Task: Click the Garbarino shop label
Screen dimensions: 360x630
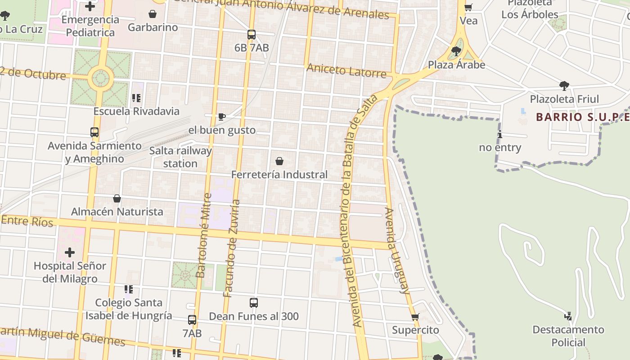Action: tap(153, 27)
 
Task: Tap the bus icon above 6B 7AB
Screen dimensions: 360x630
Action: tap(251, 35)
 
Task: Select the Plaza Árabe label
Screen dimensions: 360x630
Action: tap(456, 65)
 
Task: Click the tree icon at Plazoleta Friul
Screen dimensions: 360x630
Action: tap(564, 85)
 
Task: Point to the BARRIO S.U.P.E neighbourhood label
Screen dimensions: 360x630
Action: tap(582, 117)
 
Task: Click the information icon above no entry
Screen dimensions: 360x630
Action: tap(499, 134)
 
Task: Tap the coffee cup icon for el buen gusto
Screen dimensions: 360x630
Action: tap(221, 117)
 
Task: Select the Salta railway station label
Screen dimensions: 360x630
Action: tap(180, 157)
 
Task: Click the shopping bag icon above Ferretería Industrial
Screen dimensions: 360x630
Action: tap(279, 161)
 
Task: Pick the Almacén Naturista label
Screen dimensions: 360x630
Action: tap(117, 211)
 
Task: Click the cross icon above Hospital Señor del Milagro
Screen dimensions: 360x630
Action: tap(70, 252)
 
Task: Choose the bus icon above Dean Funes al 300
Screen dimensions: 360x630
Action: tap(253, 303)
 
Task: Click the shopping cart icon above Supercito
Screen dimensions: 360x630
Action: tap(415, 317)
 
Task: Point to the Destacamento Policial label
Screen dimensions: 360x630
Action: tap(568, 336)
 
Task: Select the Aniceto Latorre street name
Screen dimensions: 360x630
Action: tap(346, 71)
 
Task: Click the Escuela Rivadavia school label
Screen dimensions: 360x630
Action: tap(136, 111)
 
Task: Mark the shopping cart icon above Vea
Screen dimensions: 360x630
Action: tap(468, 7)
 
